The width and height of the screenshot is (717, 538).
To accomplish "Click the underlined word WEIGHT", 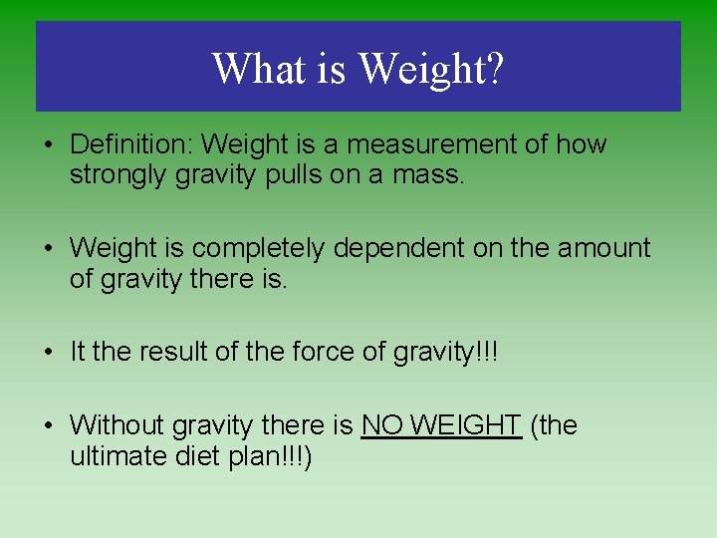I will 465,425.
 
